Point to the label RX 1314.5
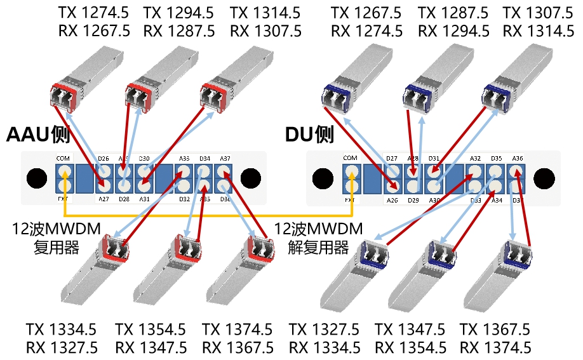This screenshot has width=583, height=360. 538,30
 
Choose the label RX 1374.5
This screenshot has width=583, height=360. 495,347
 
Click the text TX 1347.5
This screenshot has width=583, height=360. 410,330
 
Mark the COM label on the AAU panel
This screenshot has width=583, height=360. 63,158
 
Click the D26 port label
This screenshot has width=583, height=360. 104,158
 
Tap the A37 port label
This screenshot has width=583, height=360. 225,158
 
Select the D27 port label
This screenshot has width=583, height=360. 392,158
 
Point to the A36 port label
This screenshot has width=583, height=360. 518,158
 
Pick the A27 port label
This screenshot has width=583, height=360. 104,199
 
